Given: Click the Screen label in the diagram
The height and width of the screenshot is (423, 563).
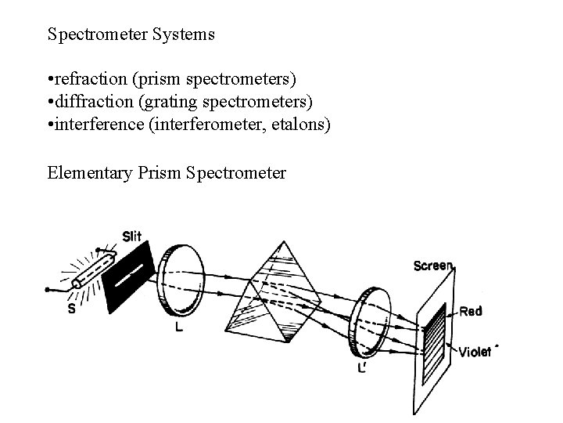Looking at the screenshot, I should pos(432,266).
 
